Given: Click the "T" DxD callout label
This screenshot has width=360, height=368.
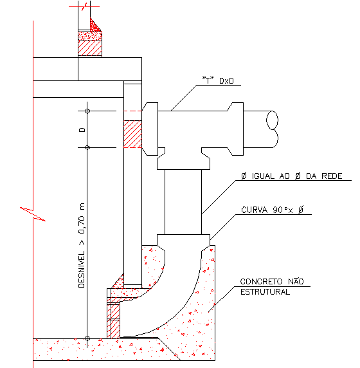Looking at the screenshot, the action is coord(218,80).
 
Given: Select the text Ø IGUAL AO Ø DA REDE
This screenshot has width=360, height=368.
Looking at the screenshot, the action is coord(292,176).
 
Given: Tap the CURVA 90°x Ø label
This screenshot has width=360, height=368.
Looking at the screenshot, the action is coord(273,210).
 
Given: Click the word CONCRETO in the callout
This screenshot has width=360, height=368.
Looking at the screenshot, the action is coord(261,281).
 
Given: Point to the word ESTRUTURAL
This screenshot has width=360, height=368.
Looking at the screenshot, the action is coord(265,292).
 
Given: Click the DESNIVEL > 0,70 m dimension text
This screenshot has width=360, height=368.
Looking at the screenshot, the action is coord(82,245).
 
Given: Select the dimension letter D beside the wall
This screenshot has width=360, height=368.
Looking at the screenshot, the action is coord(82,130).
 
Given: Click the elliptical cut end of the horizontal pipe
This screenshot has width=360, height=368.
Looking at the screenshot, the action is coord(272,120).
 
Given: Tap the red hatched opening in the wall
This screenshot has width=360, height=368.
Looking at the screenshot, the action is coord(132,134).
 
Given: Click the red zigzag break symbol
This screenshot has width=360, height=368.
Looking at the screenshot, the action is coord(33,214).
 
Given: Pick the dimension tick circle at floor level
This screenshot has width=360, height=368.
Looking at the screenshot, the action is coord(87,338).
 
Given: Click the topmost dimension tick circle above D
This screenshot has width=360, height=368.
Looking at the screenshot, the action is coord(87,111).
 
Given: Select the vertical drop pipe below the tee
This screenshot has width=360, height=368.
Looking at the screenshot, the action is coord(183,202).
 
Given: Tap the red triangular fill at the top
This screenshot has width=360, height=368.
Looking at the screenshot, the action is coord(94,26).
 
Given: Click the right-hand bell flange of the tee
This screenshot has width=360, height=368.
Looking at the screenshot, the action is coord(236,129).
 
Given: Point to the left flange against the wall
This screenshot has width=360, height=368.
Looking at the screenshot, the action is coord(150,129).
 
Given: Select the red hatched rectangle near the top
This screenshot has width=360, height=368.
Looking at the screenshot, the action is coord(90,48).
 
